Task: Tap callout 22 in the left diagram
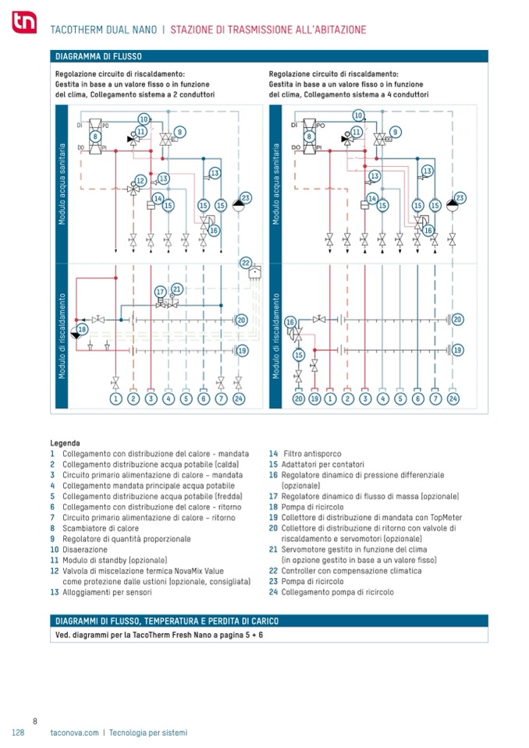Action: [246, 263]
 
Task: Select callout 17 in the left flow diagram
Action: [160, 292]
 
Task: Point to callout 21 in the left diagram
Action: [177, 289]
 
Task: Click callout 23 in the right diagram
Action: [460, 198]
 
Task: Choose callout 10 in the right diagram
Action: [358, 115]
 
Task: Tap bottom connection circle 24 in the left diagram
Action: [238, 399]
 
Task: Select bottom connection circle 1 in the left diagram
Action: [115, 399]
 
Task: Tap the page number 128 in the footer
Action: [20, 732]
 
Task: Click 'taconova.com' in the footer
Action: [74, 732]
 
